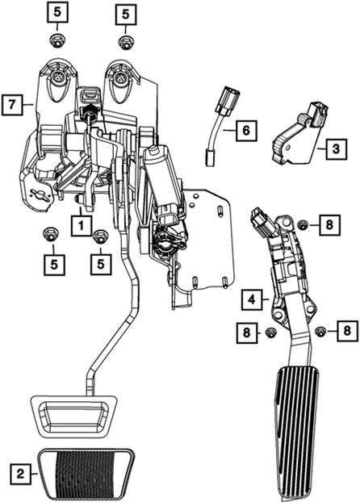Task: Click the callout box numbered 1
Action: pos(81,226)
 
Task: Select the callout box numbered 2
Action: pos(20,473)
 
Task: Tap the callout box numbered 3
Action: pos(336,149)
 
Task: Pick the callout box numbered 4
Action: pos(252,299)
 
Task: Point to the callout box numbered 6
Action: pos(246,131)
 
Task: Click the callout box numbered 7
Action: pos(12,104)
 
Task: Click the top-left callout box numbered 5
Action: pos(57,12)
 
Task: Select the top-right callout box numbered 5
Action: pos(126,14)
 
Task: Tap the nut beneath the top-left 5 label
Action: pos(57,41)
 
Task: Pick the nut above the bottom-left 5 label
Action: pos(50,235)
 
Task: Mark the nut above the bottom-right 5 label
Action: pos(100,237)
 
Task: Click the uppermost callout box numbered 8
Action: pos(329,224)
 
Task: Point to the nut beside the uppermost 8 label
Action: pos(302,225)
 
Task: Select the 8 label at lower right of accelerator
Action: pos(347,330)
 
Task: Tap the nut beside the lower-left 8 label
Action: pos(271,333)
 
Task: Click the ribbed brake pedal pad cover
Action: pos(86,474)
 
